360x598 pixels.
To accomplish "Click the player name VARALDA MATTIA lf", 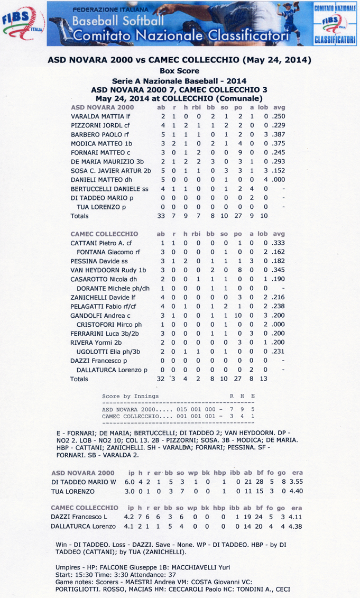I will (x=101, y=116).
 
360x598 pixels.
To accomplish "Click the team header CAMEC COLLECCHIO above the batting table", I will (x=105, y=233).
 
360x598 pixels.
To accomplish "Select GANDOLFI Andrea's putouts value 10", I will (x=238, y=315).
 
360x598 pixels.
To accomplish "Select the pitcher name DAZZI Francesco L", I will (x=83, y=516).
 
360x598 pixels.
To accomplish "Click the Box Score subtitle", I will (x=179, y=70).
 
